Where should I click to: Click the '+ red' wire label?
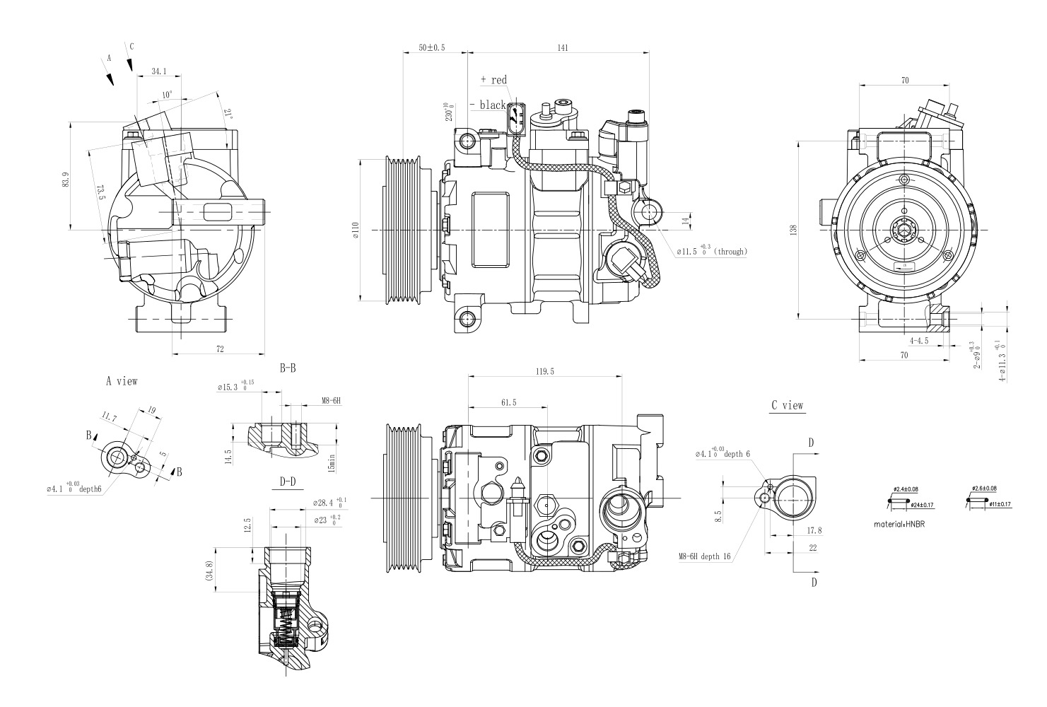click(493, 80)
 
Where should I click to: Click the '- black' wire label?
click(489, 105)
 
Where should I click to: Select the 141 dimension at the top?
click(563, 47)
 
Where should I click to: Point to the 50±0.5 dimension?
click(432, 47)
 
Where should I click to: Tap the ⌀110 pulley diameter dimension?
click(356, 230)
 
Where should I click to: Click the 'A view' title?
click(122, 381)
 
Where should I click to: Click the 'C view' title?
click(787, 406)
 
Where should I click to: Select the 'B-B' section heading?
click(287, 368)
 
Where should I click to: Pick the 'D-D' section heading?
click(287, 482)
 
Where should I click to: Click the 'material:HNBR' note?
click(899, 525)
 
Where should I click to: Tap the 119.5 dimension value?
click(545, 370)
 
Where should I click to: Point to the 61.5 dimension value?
click(508, 402)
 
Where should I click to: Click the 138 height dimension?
click(794, 230)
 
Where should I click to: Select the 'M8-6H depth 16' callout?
click(704, 557)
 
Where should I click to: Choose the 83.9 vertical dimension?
click(66, 180)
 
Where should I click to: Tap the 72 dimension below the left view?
click(219, 349)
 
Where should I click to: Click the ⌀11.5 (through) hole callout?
click(711, 251)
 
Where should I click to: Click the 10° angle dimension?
click(167, 95)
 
